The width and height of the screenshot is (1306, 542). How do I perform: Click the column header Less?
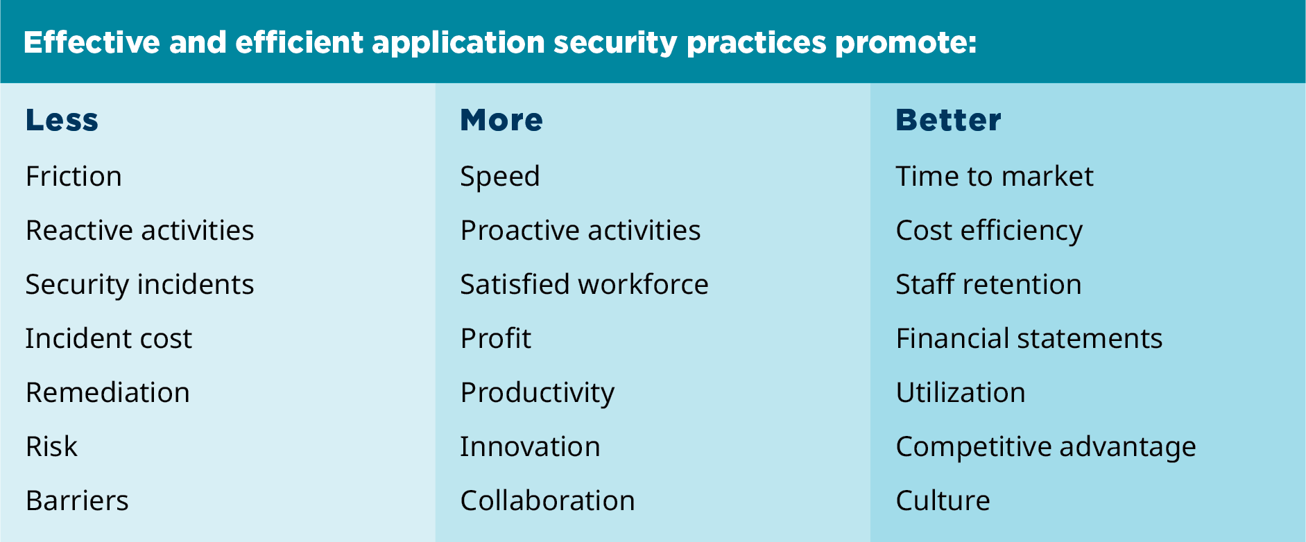pyautogui.click(x=62, y=120)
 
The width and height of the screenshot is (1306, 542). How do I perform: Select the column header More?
pyautogui.click(x=501, y=120)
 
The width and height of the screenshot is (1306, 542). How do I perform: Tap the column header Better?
pyautogui.click(x=948, y=120)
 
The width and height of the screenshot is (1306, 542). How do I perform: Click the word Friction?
pyautogui.click(x=74, y=176)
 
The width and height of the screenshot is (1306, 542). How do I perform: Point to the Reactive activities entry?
pyautogui.click(x=139, y=230)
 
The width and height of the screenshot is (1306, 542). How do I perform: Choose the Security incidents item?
pyautogui.click(x=139, y=285)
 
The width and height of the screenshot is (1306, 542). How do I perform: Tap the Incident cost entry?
pyautogui.click(x=108, y=338)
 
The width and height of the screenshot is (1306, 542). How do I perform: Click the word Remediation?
pyautogui.click(x=108, y=392)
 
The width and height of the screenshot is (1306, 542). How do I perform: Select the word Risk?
pyautogui.click(x=51, y=446)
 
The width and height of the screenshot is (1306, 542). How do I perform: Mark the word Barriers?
pyautogui.click(x=77, y=500)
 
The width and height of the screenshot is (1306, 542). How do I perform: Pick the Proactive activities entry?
pyautogui.click(x=581, y=230)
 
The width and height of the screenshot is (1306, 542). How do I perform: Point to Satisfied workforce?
pyautogui.click(x=584, y=284)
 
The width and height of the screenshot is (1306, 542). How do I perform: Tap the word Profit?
pyautogui.click(x=496, y=338)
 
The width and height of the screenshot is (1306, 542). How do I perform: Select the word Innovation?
pyautogui.click(x=530, y=446)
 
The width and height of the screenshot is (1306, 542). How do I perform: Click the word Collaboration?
pyautogui.click(x=547, y=500)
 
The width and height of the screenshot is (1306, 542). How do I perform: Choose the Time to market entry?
pyautogui.click(x=995, y=176)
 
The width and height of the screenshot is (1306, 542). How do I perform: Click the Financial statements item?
pyautogui.click(x=1029, y=338)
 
